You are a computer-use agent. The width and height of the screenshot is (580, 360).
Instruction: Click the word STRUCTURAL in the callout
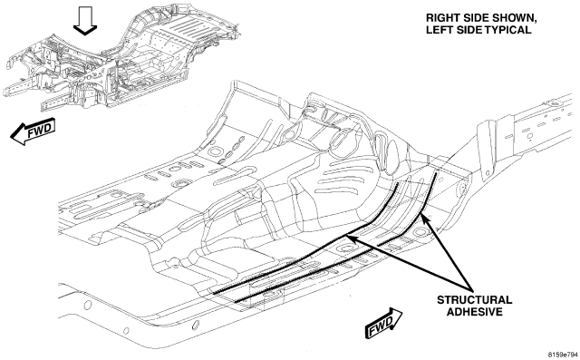click(x=475, y=299)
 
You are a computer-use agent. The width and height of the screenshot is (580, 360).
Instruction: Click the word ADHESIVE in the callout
click(x=475, y=312)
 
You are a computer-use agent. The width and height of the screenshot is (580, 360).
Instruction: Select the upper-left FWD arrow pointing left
click(x=33, y=131)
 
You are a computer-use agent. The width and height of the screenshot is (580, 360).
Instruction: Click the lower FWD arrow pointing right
click(x=383, y=324)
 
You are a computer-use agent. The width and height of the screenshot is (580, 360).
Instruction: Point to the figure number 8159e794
click(x=563, y=354)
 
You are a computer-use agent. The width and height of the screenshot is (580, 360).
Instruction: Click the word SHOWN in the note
click(x=516, y=18)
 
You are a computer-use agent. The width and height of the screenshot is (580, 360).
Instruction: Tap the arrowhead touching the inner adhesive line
click(x=352, y=238)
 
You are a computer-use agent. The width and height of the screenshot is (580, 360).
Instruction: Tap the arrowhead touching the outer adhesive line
click(x=425, y=219)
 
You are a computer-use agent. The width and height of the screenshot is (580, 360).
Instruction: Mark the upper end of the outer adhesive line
click(x=437, y=172)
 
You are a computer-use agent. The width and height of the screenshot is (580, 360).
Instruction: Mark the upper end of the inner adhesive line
click(x=398, y=183)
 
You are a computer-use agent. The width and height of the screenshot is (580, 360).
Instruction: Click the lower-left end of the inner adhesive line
click(x=214, y=294)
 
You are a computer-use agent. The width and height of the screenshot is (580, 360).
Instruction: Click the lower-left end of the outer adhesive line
click(x=236, y=302)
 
